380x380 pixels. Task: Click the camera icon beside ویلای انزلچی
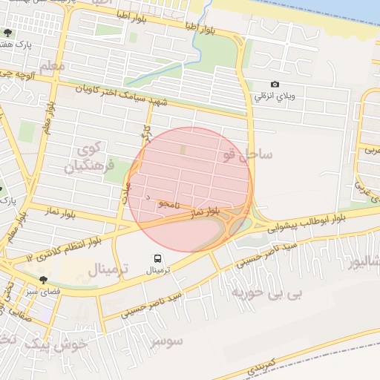[275, 85]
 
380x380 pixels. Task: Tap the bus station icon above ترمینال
[157, 258]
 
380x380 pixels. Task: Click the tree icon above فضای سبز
[44, 280]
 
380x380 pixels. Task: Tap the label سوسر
[167, 341]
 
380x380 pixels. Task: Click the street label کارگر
[145, 134]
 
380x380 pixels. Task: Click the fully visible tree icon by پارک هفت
[7, 33]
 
